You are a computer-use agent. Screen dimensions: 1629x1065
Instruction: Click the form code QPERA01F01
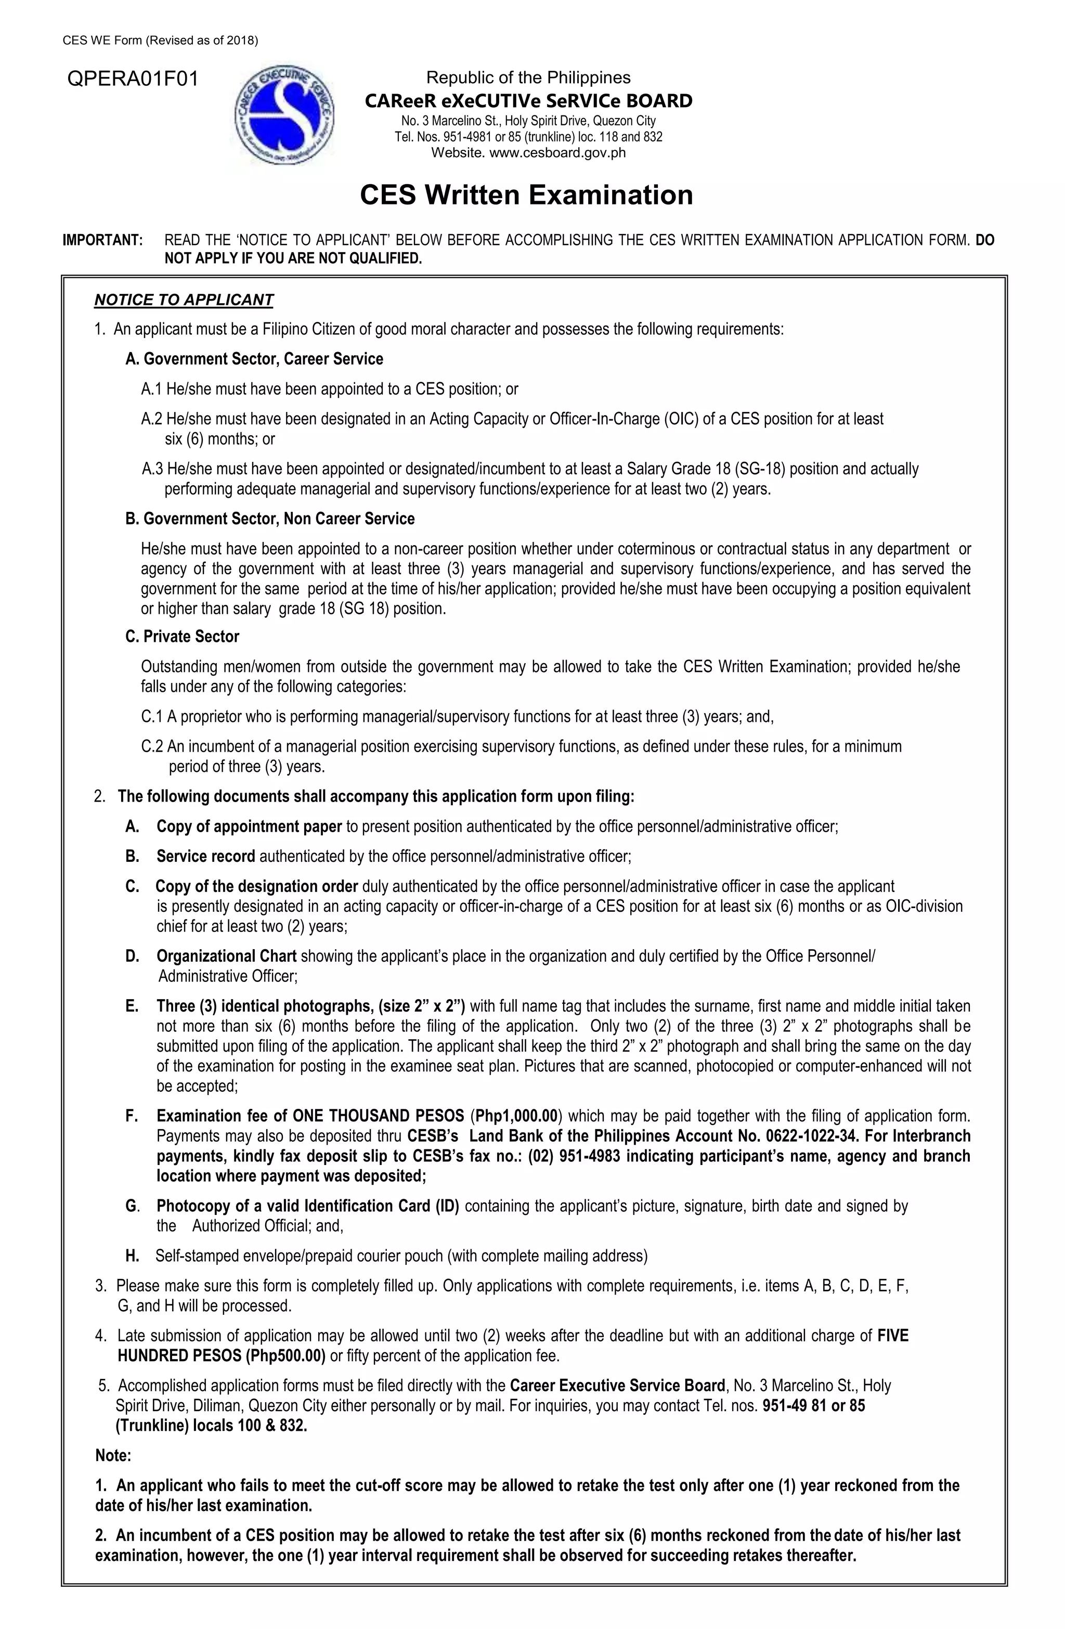coord(132,80)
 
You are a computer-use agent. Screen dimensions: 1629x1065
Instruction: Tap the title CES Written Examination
coord(526,195)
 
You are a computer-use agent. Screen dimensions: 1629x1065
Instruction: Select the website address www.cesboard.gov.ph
coord(558,152)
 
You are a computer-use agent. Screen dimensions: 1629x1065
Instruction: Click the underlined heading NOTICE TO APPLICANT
coord(184,300)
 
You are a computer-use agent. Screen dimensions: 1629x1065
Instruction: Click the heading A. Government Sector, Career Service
coord(254,359)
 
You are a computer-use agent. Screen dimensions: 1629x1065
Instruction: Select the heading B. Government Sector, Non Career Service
coord(270,519)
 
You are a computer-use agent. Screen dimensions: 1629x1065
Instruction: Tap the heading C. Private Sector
coord(182,637)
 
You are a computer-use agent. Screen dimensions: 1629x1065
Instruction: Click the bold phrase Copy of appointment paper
coord(249,826)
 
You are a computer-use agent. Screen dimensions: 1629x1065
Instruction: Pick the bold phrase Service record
coord(205,856)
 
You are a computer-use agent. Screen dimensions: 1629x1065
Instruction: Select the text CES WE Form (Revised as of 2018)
coord(160,41)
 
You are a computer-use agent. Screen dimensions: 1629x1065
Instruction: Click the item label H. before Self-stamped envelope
coord(132,1256)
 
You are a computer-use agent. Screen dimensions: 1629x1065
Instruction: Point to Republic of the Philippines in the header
coord(528,77)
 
